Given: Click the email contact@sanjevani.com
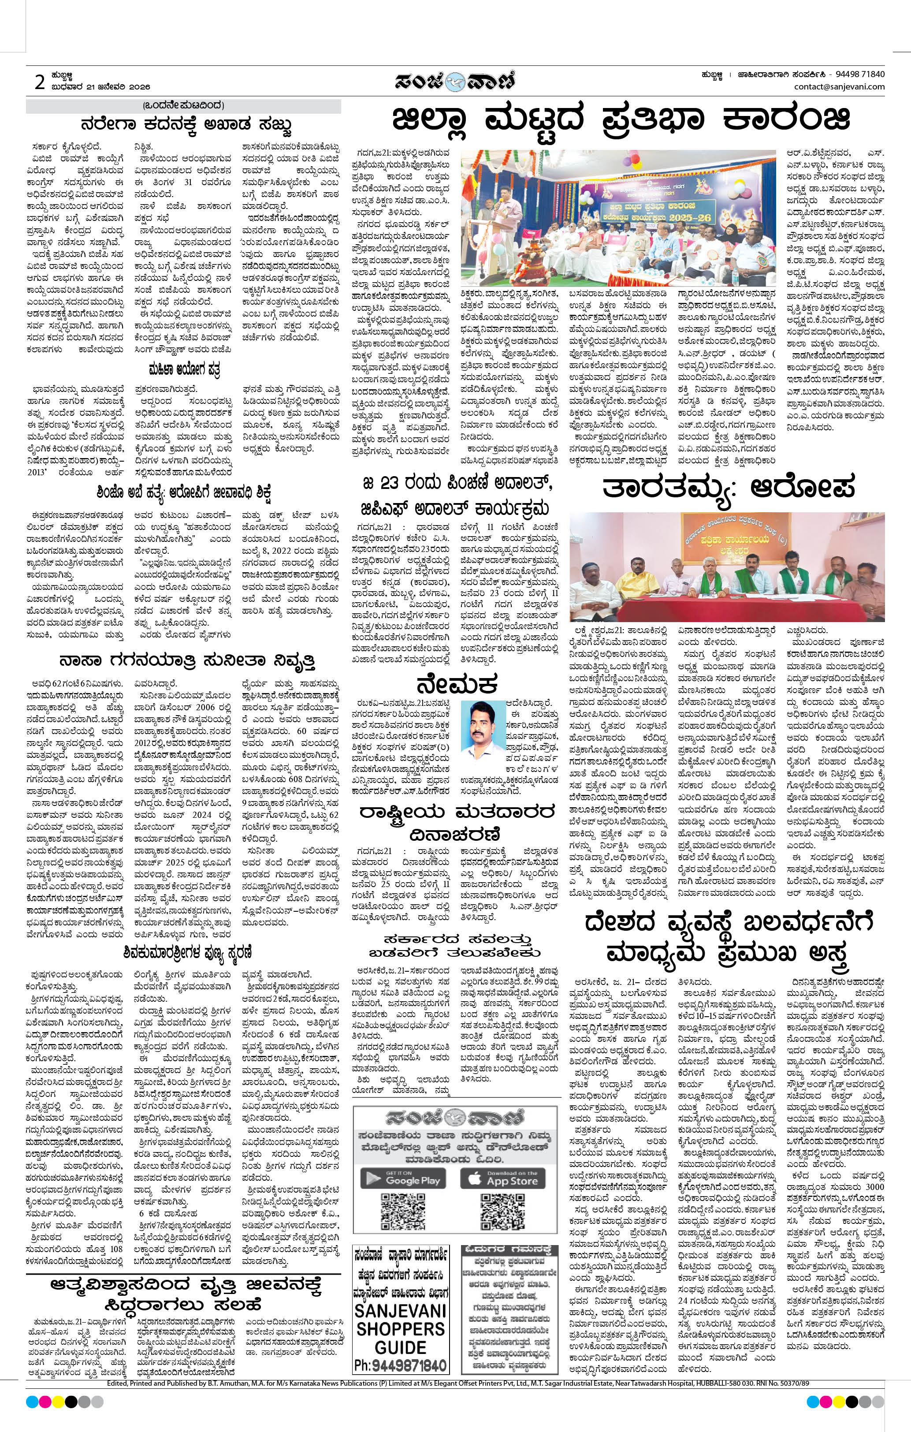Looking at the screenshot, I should coord(839,87).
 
